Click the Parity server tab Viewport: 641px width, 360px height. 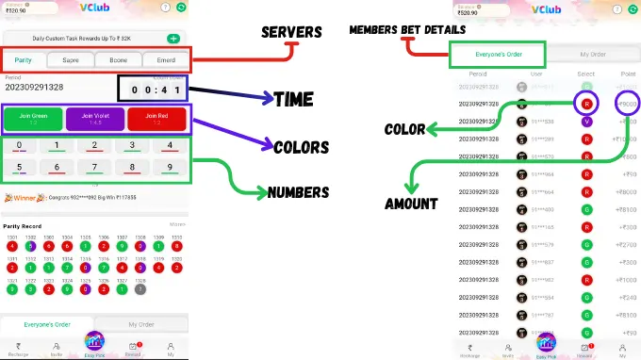tap(24, 59)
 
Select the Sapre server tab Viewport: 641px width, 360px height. tap(71, 59)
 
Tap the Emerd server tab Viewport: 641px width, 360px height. tap(165, 59)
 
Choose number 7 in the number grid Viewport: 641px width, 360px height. tap(93, 168)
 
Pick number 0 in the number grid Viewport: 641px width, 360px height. tap(20, 146)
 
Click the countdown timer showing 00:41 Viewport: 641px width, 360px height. tap(151, 89)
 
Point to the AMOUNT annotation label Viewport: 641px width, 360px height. tap(411, 204)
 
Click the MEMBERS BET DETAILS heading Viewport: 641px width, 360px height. tap(406, 29)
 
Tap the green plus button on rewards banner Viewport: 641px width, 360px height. tap(173, 39)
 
